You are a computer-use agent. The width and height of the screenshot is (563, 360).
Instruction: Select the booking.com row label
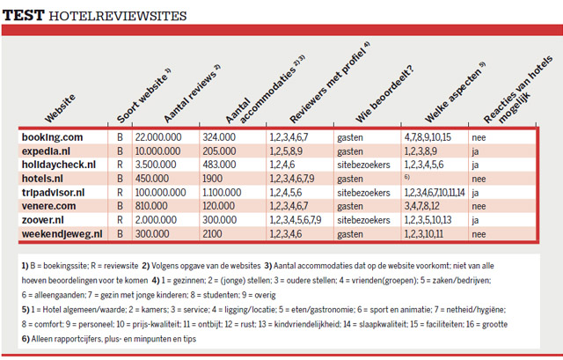tap(53, 137)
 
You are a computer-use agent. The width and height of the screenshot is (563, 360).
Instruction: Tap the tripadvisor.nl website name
tap(55, 192)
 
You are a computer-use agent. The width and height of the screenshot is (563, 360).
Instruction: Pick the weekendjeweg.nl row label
tap(62, 234)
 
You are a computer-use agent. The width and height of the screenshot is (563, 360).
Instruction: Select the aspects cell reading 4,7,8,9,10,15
tap(428, 137)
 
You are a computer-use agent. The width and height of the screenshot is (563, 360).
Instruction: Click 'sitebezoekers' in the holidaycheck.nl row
tap(363, 165)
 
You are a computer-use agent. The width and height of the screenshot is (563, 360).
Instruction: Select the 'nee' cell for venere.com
tap(479, 206)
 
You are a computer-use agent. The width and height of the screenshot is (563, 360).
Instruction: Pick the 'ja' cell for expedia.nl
tap(476, 151)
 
